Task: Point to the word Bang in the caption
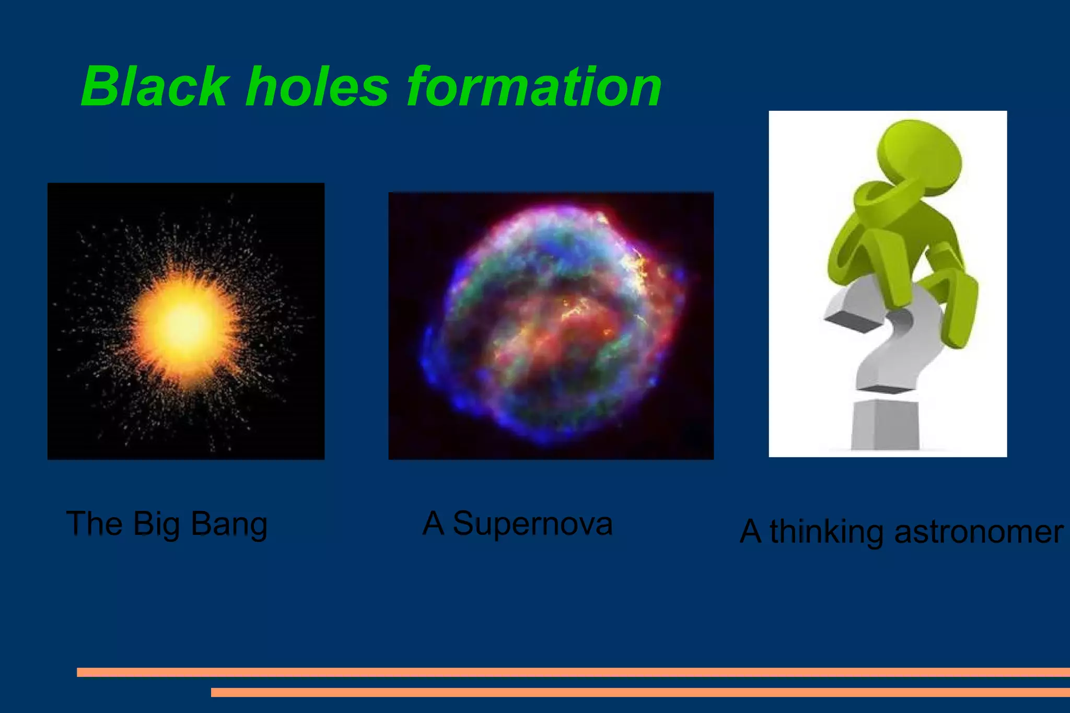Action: [x=229, y=524]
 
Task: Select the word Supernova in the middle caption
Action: [x=532, y=523]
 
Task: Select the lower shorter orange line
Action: [x=639, y=692]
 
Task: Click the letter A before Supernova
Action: [x=433, y=523]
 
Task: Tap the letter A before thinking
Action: [x=750, y=532]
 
